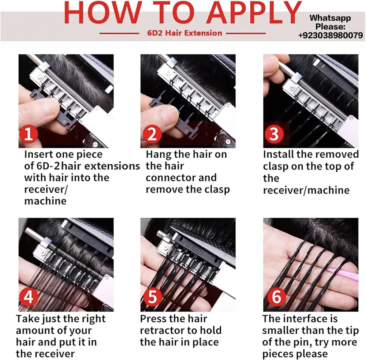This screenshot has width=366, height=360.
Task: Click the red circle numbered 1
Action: click(x=29, y=134)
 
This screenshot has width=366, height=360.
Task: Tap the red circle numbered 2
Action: click(x=152, y=134)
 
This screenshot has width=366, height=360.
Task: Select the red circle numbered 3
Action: click(x=274, y=134)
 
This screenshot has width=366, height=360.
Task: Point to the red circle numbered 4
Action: click(x=29, y=297)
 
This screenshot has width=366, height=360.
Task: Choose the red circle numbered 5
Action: click(x=152, y=297)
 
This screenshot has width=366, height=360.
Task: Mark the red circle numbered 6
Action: click(x=276, y=297)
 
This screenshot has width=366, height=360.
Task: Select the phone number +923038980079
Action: click(x=330, y=35)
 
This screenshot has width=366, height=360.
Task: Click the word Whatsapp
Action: click(x=330, y=18)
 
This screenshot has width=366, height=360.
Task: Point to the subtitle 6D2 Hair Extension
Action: click(x=184, y=33)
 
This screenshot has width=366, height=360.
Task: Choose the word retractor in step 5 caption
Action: click(x=162, y=331)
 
